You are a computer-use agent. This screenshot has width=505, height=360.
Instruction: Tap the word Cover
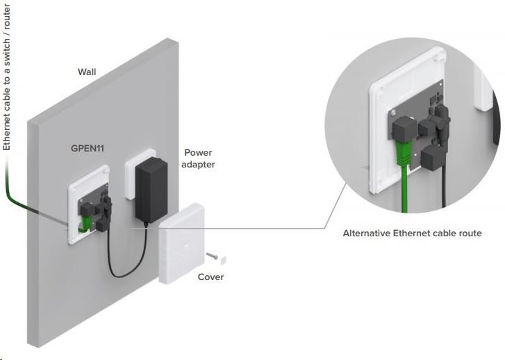pos(210,277)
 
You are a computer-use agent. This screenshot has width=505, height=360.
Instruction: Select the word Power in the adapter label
pos(198,152)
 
